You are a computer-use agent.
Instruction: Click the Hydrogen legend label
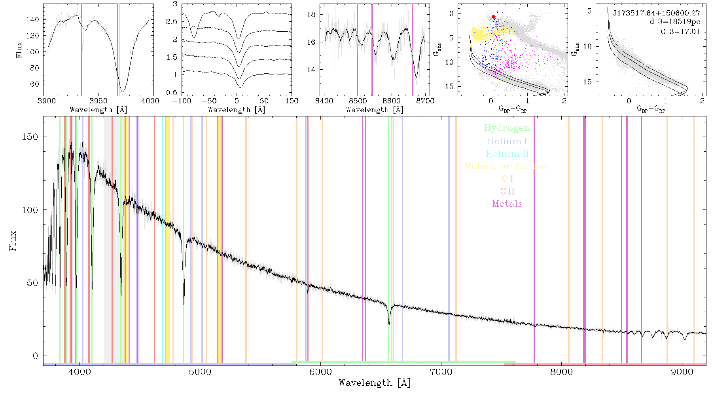(507, 128)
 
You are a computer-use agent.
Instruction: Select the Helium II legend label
(507, 154)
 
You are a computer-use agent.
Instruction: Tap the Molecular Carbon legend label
(507, 166)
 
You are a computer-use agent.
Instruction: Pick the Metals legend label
(507, 204)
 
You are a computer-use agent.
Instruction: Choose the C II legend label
(507, 191)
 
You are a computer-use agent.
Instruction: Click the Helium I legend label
(507, 141)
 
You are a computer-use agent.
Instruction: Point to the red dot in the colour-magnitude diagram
(494, 17)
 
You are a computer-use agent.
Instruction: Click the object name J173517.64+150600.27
(657, 13)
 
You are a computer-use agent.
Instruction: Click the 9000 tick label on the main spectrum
(682, 372)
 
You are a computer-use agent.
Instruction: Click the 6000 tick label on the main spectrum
(321, 372)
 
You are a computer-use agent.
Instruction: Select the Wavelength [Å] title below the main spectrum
(375, 383)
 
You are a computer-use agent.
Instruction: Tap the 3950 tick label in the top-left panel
(98, 101)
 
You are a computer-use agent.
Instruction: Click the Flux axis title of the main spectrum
(13, 241)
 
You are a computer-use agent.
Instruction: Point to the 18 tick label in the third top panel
(311, 15)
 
